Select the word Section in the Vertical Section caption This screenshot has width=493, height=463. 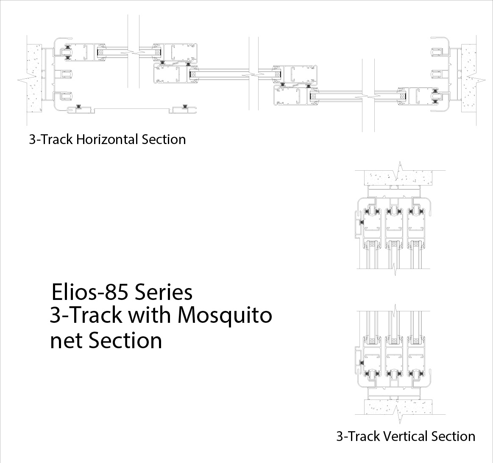click(453, 436)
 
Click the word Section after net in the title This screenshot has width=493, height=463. click(125, 340)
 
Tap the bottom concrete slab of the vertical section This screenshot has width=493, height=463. click(394, 408)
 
